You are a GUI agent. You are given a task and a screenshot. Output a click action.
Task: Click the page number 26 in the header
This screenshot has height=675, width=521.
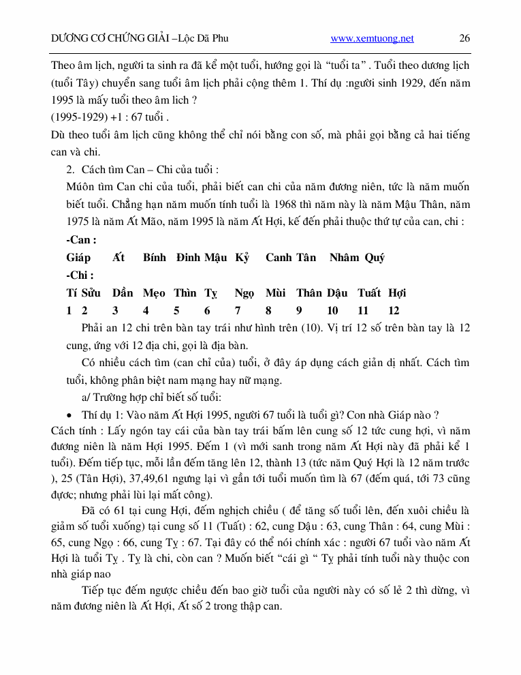tap(464, 39)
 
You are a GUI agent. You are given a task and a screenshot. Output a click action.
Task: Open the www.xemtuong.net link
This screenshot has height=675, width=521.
tap(372, 39)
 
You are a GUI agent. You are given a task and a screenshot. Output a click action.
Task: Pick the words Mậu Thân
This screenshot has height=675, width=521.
tap(390, 204)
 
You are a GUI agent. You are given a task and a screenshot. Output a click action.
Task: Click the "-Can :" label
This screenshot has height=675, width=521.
tap(81, 240)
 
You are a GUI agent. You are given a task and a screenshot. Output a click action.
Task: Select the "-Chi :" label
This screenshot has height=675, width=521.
tap(80, 275)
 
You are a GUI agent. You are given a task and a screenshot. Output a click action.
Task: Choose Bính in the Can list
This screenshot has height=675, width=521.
tap(155, 258)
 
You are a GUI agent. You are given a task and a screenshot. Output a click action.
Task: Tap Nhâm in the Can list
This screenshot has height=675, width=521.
tap(344, 258)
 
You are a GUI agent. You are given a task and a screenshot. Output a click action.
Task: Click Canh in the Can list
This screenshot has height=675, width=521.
tap(279, 258)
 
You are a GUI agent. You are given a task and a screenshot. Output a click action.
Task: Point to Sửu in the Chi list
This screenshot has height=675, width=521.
tap(90, 293)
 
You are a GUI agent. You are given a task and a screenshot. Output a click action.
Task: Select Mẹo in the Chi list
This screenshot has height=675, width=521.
tap(154, 293)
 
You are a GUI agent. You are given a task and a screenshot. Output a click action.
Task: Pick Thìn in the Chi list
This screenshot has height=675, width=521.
tap(185, 293)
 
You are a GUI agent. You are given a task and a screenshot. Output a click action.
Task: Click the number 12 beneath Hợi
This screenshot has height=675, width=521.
tap(394, 311)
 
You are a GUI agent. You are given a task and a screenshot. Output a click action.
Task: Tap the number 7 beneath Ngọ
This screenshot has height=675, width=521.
tap(238, 311)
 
